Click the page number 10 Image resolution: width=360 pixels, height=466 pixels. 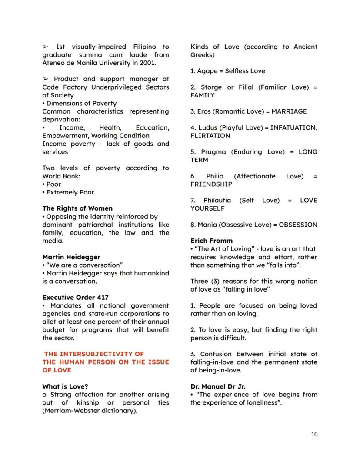[314, 434]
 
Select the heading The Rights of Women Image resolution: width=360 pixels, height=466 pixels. [77, 208]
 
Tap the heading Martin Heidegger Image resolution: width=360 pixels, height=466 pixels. [71, 257]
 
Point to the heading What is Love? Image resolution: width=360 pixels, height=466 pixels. [65, 386]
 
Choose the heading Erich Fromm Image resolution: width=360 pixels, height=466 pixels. [211, 241]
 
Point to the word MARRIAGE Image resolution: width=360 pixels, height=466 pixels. [289, 111]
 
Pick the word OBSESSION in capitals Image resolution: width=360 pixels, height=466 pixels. [298, 225]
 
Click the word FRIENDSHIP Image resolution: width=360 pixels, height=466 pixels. [211, 184]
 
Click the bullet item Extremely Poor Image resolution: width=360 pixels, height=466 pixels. [70, 192]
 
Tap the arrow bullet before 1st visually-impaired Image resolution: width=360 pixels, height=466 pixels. [46, 47]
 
